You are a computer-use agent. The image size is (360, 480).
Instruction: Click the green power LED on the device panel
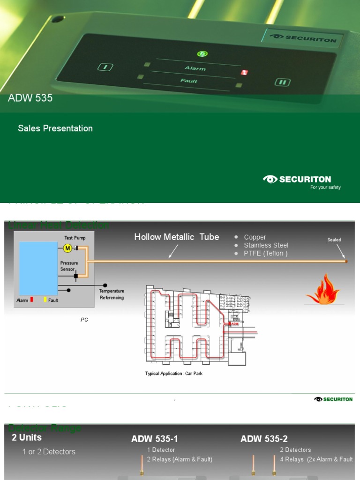tap(202, 53)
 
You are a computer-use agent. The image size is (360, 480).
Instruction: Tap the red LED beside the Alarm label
tap(244, 73)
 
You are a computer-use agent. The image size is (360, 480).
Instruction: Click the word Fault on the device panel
tap(189, 81)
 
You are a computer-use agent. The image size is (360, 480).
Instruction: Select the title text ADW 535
tap(30, 98)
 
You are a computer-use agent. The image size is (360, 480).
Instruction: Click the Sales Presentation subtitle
tap(55, 128)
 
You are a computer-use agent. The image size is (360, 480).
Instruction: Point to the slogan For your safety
tap(325, 187)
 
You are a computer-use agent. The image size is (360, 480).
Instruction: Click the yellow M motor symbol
tap(67, 247)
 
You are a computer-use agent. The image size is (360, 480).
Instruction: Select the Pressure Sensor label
tap(69, 266)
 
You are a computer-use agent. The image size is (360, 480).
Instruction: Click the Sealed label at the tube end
tap(334, 240)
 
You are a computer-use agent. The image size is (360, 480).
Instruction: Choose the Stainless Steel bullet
tap(266, 245)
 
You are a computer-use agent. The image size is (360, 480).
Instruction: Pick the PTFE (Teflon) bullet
tap(266, 253)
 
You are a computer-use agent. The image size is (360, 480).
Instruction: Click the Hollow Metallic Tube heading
tap(177, 237)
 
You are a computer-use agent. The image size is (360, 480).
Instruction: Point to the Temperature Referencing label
tap(112, 294)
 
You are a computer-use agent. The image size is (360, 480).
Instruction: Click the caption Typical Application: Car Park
tap(174, 374)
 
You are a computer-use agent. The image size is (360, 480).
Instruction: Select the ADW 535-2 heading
tap(264, 439)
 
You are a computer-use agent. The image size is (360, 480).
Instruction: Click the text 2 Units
tap(27, 437)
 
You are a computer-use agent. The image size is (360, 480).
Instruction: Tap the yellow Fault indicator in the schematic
tap(45, 300)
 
